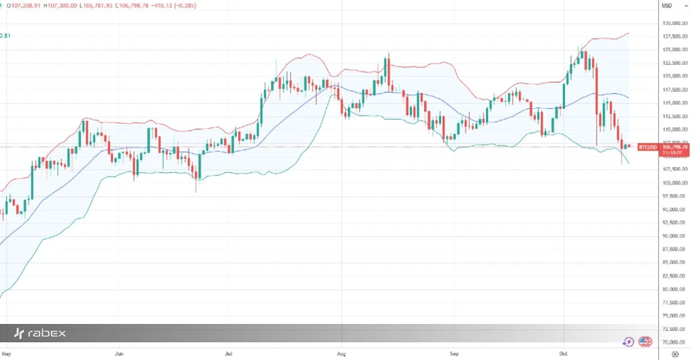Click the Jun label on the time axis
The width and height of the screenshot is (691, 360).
point(120,355)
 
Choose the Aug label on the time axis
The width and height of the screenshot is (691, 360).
point(342,355)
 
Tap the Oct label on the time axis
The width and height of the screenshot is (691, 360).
point(563,355)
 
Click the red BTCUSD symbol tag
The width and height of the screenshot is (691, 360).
point(647,147)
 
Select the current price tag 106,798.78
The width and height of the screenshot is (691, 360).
point(675,146)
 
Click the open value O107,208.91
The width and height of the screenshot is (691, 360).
point(22,6)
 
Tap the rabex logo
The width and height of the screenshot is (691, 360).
point(40,333)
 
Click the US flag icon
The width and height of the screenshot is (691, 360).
point(645,342)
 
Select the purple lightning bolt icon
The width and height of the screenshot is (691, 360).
point(628,342)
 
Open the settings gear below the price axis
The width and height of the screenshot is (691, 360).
point(674,355)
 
